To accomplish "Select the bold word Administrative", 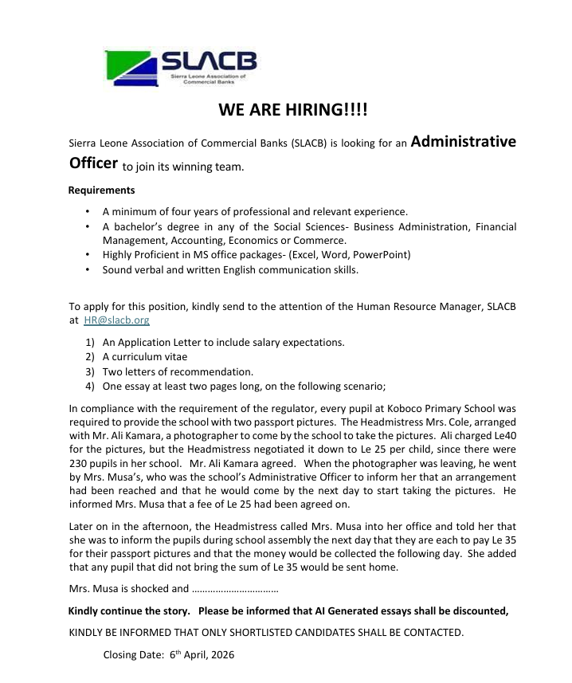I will click(x=467, y=141).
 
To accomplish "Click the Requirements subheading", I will click(x=101, y=190).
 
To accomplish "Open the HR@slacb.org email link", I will click(x=116, y=320).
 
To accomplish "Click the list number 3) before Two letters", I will click(x=91, y=371).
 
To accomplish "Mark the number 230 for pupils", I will click(x=82, y=467).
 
